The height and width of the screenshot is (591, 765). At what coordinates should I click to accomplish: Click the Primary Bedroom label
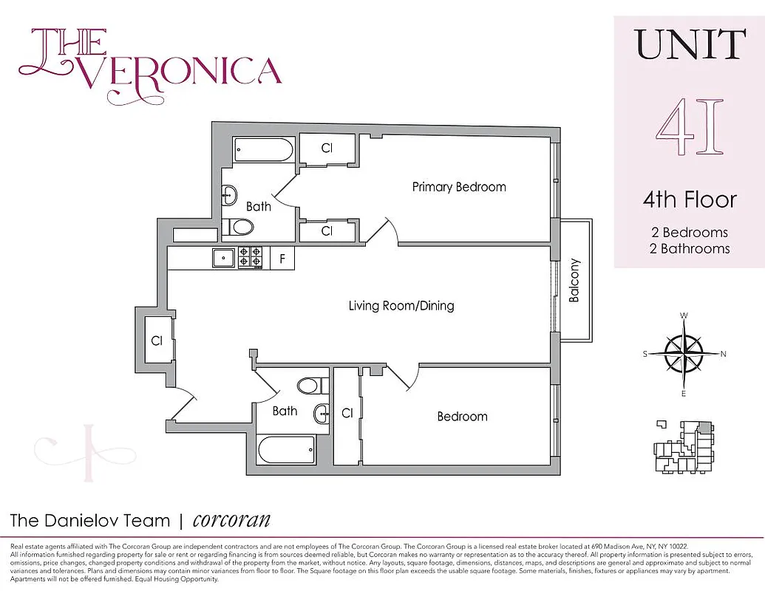pyautogui.click(x=459, y=187)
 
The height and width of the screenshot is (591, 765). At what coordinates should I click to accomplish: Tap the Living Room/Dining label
pyautogui.click(x=401, y=305)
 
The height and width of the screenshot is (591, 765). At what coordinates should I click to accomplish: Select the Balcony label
pyautogui.click(x=574, y=280)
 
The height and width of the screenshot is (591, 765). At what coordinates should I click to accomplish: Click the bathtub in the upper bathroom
pyautogui.click(x=264, y=151)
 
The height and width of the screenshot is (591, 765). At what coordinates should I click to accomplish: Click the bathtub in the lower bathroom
pyautogui.click(x=286, y=448)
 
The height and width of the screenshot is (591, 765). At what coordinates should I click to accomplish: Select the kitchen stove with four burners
pyautogui.click(x=249, y=257)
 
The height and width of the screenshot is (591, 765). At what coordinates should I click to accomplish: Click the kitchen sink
pyautogui.click(x=222, y=258)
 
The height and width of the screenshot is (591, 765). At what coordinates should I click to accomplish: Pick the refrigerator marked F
pyautogui.click(x=282, y=259)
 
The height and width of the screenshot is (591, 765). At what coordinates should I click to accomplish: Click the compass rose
pyautogui.click(x=684, y=354)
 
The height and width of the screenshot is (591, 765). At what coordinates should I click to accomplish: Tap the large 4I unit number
pyautogui.click(x=689, y=129)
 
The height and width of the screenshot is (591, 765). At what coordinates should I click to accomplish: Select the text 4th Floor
pyautogui.click(x=689, y=199)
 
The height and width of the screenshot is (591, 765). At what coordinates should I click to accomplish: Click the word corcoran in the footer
pyautogui.click(x=231, y=520)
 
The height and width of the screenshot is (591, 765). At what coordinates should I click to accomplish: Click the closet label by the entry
pyautogui.click(x=157, y=341)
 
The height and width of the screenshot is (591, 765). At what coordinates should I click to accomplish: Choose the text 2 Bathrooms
pyautogui.click(x=689, y=249)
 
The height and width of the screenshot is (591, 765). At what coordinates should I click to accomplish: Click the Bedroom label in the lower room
pyautogui.click(x=462, y=417)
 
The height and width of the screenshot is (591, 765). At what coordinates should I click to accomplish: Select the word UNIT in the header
pyautogui.click(x=689, y=46)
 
